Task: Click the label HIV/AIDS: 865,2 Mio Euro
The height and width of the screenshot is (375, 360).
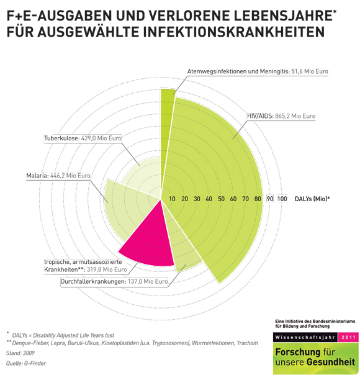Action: [x=281, y=116]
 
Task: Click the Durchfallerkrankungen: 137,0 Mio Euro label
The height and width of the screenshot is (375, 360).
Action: [x=114, y=281]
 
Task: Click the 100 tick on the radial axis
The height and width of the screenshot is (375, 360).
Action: [x=282, y=199]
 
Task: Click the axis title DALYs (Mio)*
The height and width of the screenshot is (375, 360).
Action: [x=312, y=199]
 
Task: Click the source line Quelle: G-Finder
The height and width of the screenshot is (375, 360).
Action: [x=26, y=363]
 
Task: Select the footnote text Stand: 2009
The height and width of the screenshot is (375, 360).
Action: [x=20, y=353]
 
